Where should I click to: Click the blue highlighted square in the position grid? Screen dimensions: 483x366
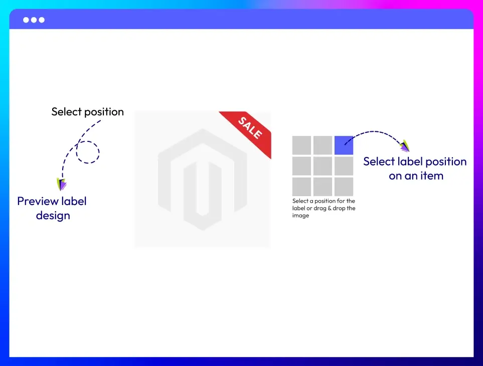[344, 145]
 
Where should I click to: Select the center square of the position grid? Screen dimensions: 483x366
[323, 166]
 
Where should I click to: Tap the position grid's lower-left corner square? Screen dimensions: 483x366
[301, 187]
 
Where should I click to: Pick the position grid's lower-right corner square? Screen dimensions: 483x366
[344, 187]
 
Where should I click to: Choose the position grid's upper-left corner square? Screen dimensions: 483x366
[301, 145]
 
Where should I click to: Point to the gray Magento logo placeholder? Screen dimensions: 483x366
[203, 179]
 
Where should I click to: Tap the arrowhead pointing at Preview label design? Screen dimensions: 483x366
[61, 184]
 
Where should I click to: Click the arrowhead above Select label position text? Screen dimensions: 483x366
[405, 146]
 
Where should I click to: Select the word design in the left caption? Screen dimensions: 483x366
[53, 216]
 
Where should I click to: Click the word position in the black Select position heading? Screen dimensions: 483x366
[104, 112]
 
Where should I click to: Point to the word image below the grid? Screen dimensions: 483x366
[300, 216]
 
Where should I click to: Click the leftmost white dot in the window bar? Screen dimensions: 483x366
[26, 20]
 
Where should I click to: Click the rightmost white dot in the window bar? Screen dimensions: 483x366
[42, 20]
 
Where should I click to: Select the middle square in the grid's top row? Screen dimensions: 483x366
[323, 145]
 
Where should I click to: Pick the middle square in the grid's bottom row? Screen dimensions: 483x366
[323, 187]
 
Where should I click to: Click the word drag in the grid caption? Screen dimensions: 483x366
[319, 209]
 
